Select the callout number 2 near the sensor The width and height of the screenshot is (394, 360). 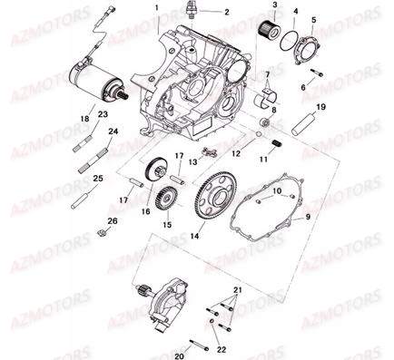tap(213, 12)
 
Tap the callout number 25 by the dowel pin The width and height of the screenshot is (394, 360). tap(97, 180)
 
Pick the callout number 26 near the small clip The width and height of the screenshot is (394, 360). tap(113, 220)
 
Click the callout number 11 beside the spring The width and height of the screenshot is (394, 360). tap(265, 160)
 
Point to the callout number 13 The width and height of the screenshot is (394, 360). tap(192, 162)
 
